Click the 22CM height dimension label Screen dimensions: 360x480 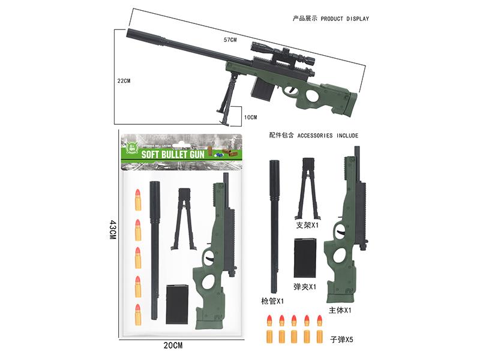tap(125, 80)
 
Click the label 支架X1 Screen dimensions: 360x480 tap(307, 226)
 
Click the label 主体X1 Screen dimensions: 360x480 tap(340, 310)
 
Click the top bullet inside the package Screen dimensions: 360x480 tap(137, 200)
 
